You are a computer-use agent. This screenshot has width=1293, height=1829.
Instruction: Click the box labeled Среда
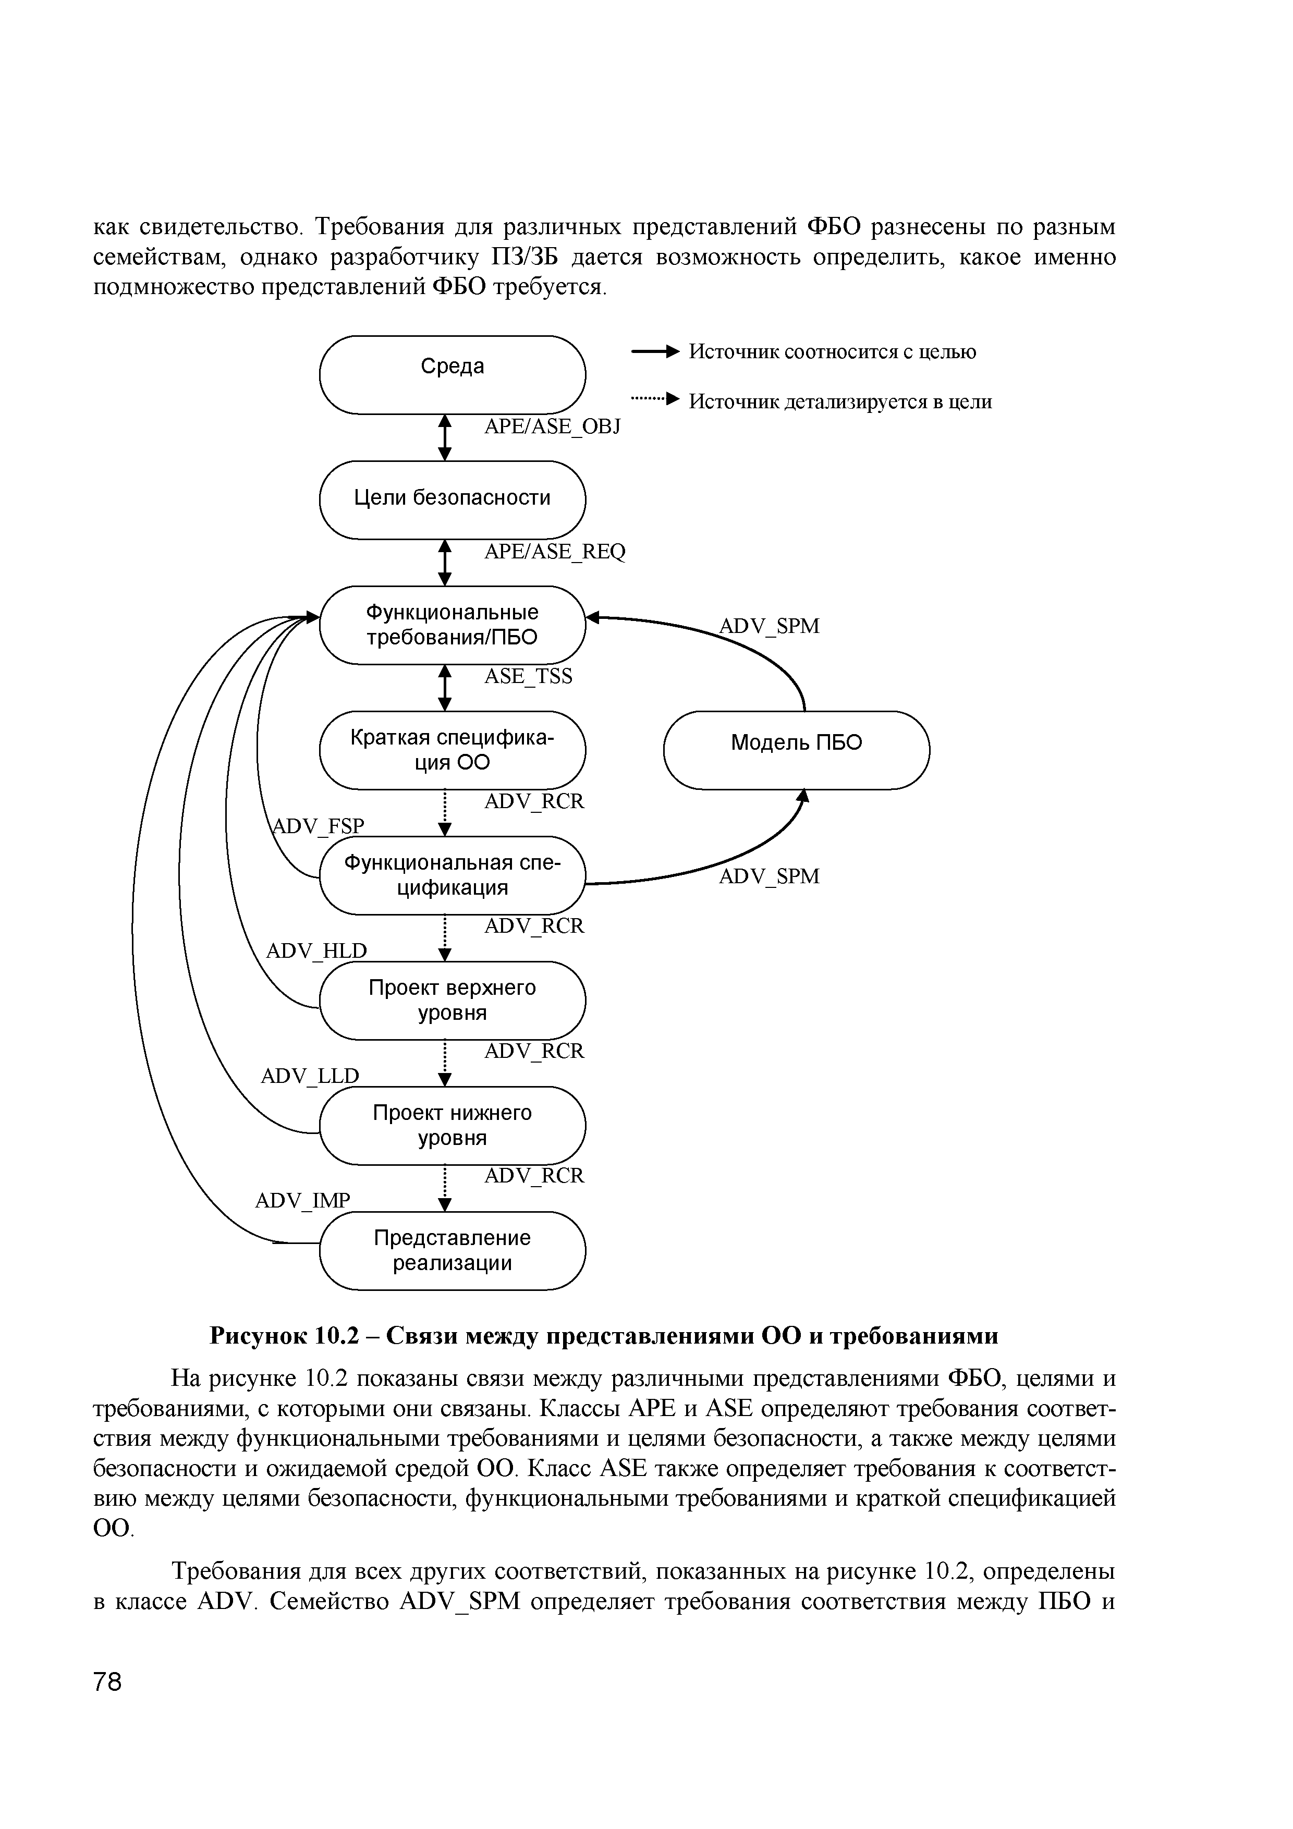click(x=452, y=374)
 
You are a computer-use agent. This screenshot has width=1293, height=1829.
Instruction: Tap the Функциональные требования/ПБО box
click(x=452, y=625)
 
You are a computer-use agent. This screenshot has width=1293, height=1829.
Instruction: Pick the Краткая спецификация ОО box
click(x=452, y=750)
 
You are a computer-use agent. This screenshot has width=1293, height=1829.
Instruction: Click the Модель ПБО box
click(x=796, y=750)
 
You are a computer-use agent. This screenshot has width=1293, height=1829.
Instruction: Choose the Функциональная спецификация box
click(x=452, y=875)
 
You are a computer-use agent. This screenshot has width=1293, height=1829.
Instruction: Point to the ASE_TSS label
click(x=528, y=676)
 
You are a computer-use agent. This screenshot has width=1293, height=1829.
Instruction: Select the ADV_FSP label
click(x=318, y=826)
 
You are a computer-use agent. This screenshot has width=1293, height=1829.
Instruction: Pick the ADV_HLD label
click(x=316, y=950)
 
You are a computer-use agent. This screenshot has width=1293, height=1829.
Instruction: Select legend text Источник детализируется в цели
click(x=840, y=401)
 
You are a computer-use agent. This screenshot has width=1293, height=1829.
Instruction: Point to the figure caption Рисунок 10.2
click(x=603, y=1335)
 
